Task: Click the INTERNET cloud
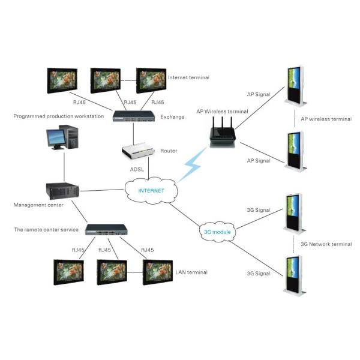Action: point(151,190)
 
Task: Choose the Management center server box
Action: point(64,189)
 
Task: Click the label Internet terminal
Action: point(190,77)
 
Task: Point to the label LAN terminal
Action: point(191,272)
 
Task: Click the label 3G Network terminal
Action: point(326,244)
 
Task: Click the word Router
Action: point(169,151)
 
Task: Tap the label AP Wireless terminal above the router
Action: point(223,111)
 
